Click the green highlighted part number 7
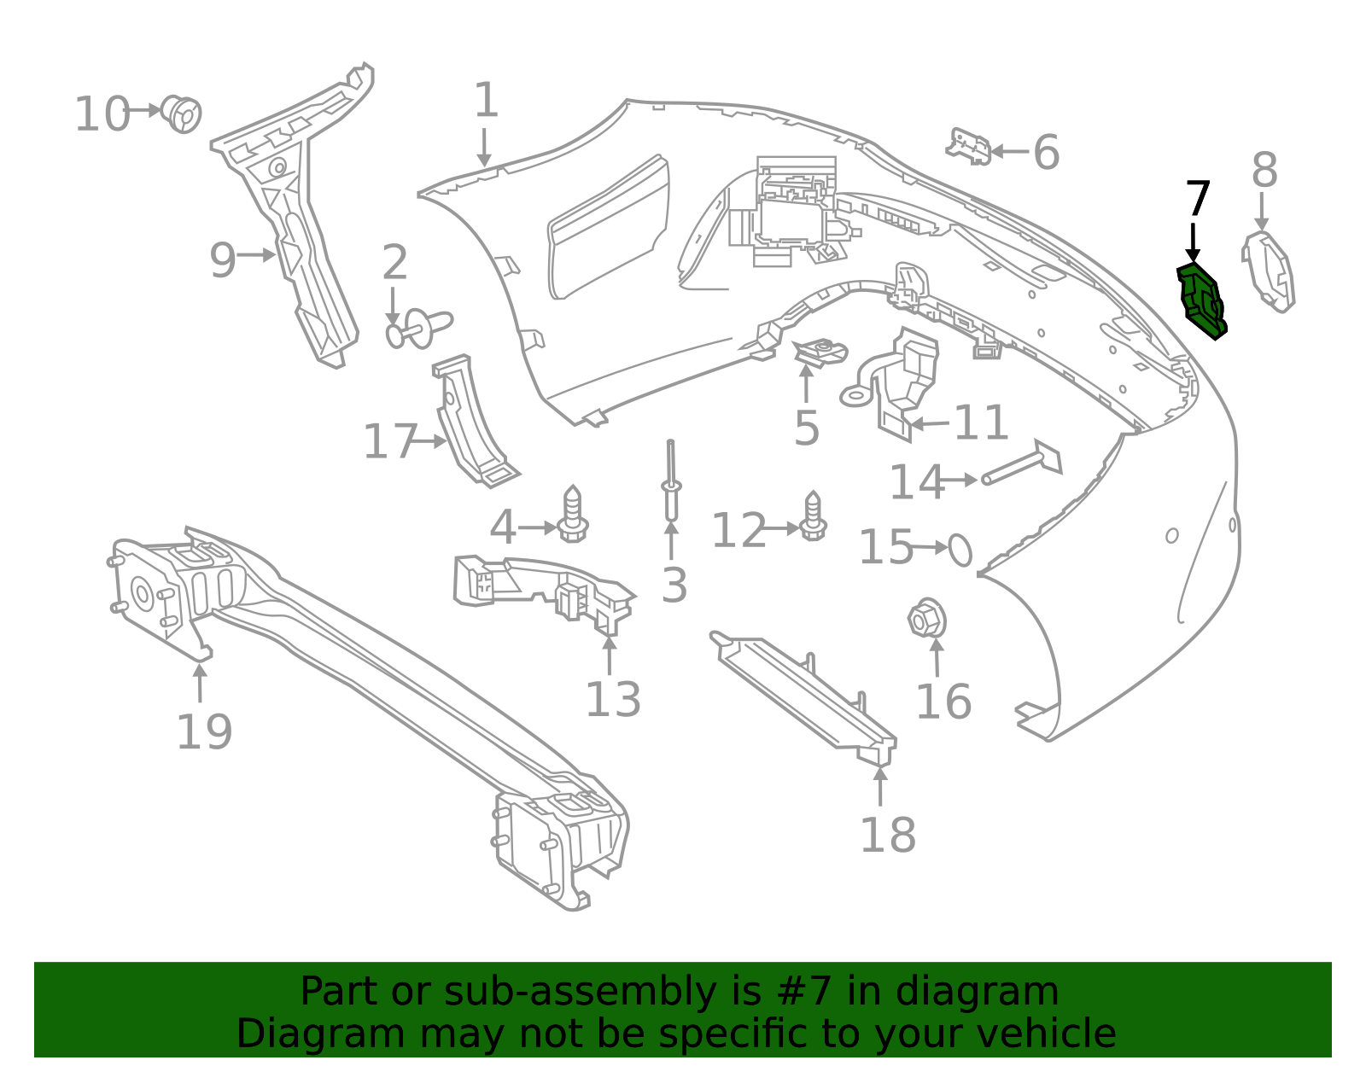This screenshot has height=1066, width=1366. [1201, 301]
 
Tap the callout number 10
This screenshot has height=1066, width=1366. [102, 114]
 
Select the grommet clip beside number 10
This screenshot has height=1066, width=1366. [182, 114]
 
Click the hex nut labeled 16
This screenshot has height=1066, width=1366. [927, 618]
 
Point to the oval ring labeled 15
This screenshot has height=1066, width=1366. [960, 550]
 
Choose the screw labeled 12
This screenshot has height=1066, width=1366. [813, 517]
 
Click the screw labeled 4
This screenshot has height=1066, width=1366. [572, 515]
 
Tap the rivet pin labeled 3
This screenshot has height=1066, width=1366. [671, 481]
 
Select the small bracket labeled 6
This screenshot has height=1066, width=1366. [968, 147]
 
